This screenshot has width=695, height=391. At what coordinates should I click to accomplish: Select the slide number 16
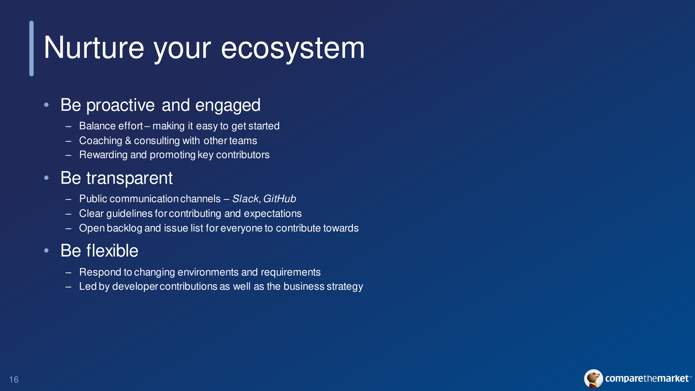[x=14, y=380]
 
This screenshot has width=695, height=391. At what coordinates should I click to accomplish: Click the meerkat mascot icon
[x=593, y=378]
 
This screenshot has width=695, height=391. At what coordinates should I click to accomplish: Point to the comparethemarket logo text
[x=647, y=378]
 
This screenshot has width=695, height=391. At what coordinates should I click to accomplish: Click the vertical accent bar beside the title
[x=32, y=48]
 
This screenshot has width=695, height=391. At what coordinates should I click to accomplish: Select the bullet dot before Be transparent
[x=46, y=178]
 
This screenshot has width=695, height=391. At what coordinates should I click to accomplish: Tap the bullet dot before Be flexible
[x=46, y=251]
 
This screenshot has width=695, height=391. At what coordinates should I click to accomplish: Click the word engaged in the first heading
[x=228, y=106]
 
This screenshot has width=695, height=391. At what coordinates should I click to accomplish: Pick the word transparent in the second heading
[x=130, y=179]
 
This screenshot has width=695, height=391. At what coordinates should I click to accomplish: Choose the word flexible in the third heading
[x=112, y=251]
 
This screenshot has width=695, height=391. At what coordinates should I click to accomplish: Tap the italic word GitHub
[x=280, y=199]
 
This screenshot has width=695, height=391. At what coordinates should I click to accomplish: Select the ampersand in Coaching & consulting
[x=128, y=140]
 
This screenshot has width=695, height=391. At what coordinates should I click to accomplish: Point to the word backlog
[x=124, y=228]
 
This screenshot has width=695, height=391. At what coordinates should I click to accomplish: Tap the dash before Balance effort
[x=68, y=126]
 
